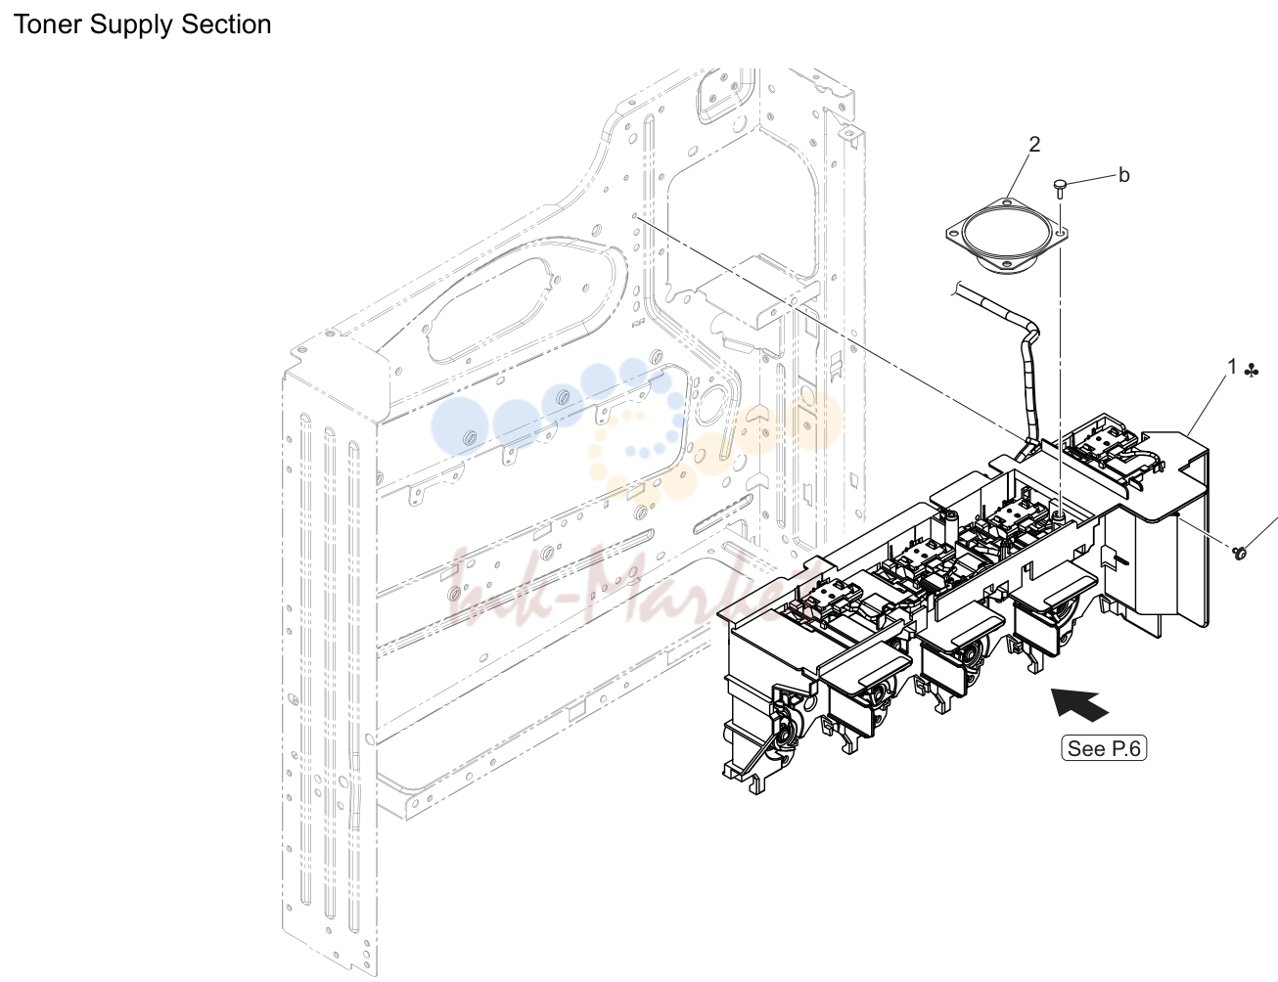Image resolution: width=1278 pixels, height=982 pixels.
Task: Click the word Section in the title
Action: (226, 24)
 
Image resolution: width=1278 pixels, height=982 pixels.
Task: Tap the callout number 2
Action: (1034, 145)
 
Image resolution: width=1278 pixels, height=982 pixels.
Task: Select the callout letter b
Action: (1124, 175)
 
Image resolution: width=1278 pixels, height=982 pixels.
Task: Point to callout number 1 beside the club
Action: (1232, 367)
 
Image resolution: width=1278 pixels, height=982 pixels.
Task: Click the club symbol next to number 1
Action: (1251, 371)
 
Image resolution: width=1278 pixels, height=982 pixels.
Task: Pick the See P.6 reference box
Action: (1104, 748)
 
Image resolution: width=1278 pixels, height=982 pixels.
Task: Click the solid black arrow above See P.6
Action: (1078, 704)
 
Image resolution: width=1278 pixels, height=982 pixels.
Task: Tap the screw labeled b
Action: (1060, 189)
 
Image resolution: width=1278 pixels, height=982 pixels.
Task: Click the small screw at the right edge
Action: (1241, 553)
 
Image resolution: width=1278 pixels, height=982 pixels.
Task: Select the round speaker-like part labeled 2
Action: (1007, 236)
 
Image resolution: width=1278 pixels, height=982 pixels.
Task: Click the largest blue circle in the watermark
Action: (460, 425)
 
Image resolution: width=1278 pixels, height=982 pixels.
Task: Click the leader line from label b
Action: (1091, 179)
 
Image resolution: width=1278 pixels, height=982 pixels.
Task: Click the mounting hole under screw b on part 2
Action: (1060, 233)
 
